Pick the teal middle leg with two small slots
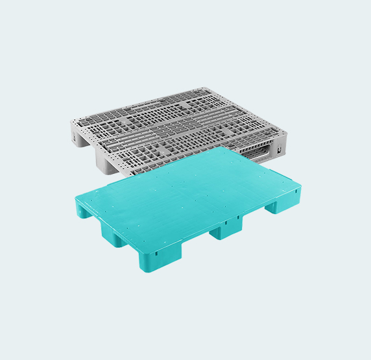click(226, 228)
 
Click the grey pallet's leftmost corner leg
click(77, 136)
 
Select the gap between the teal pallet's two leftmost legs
click(99, 226)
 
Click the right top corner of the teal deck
click(300, 187)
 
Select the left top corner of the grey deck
click(70, 123)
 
